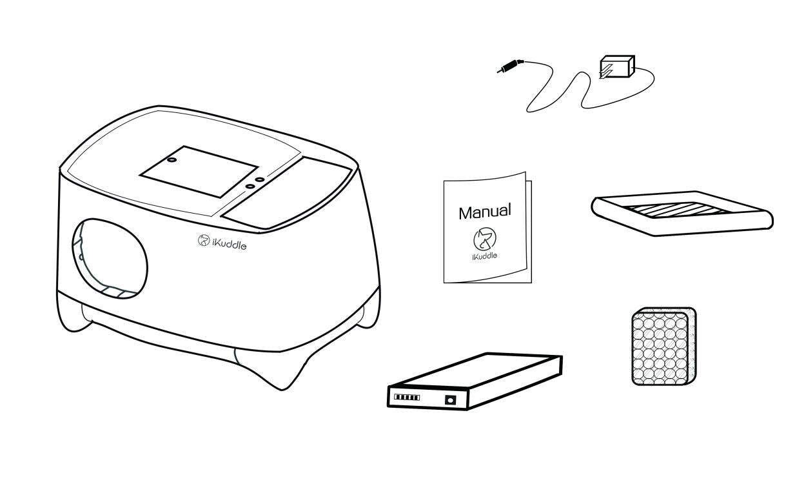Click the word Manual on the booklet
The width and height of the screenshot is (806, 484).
pos(485,212)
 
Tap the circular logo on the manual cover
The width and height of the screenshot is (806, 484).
pos(485,239)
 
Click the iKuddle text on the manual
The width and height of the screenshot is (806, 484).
pos(485,256)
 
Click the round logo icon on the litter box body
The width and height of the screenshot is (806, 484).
pos(204,240)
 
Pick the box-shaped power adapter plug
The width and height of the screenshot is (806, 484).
pos(616,66)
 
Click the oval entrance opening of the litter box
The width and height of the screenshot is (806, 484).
pos(110,259)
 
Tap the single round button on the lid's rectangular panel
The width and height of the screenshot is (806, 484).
pos(172,159)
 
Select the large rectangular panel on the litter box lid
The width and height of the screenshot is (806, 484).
pos(199,172)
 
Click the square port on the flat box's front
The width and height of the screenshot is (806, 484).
pos(451,399)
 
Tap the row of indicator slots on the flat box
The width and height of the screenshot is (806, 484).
pos(407,398)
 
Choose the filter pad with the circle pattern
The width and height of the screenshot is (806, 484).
pos(664,346)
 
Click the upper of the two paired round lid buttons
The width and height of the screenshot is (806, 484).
pos(260,179)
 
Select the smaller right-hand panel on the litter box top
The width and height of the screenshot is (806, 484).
pos(287,192)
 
